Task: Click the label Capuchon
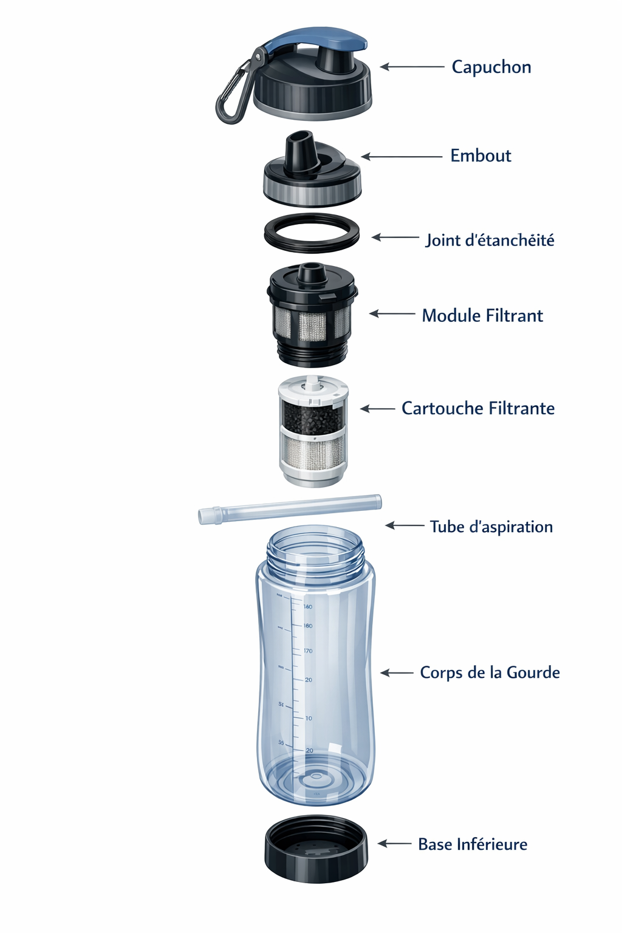[x=491, y=67]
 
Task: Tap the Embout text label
[x=480, y=155]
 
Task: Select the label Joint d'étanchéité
[x=490, y=240]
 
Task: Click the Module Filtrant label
[x=482, y=315]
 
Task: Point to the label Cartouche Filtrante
[x=478, y=408]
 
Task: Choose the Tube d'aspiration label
[x=491, y=527]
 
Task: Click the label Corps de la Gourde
[x=490, y=672]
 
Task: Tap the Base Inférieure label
[x=473, y=844]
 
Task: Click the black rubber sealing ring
[x=312, y=233]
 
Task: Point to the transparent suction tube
[x=290, y=509]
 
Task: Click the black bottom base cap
[x=316, y=849]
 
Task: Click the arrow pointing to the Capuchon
[x=412, y=67]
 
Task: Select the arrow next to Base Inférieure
[x=395, y=844]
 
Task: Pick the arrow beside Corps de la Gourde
[x=397, y=672]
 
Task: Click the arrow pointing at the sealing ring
[x=395, y=238]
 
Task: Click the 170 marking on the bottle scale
[x=308, y=651]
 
